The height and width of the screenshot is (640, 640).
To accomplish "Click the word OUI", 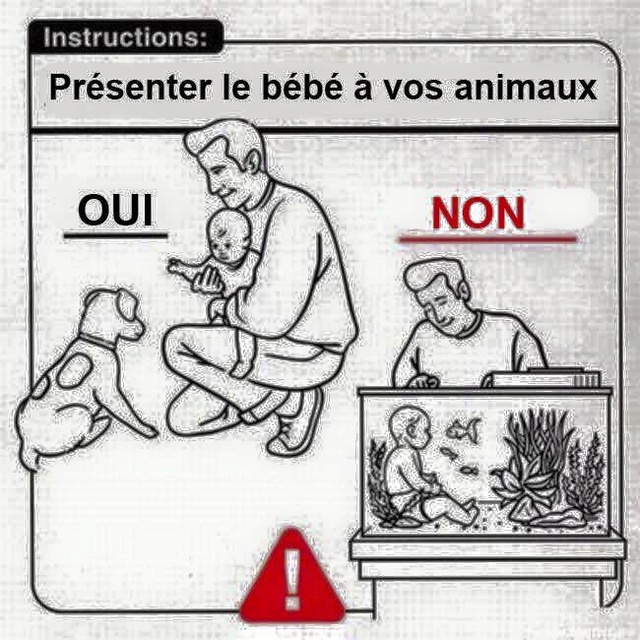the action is click(x=116, y=210).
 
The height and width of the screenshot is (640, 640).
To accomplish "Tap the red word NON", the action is click(x=478, y=213).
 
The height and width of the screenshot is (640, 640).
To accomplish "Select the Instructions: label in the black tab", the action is click(x=125, y=37).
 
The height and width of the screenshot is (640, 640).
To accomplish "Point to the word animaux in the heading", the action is click(x=526, y=88).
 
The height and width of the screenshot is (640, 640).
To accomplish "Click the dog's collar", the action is click(x=99, y=342).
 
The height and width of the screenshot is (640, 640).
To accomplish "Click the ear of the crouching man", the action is click(x=254, y=162).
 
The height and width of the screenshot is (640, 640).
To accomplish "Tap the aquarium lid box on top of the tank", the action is click(x=545, y=378).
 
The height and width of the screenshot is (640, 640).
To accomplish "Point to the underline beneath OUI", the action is click(x=116, y=235).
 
